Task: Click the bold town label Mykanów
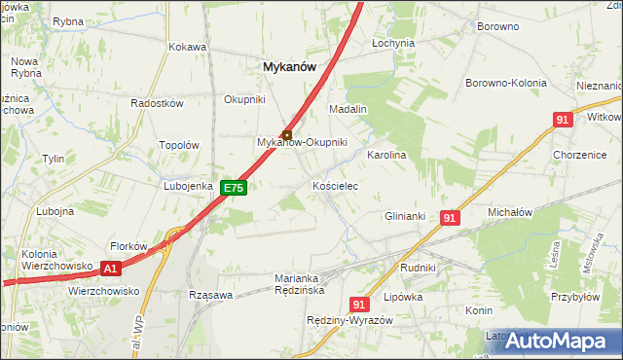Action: (x=288, y=66)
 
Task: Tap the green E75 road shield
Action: (x=231, y=188)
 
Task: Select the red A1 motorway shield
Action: (x=110, y=269)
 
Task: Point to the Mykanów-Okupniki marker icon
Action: (x=286, y=134)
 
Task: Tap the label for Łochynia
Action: (x=393, y=44)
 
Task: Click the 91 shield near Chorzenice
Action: (x=562, y=120)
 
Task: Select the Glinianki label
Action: (x=406, y=216)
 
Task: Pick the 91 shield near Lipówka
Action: (x=359, y=304)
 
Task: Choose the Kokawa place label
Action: (x=187, y=47)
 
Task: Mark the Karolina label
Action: (x=385, y=155)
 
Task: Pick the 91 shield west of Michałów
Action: (x=449, y=219)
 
